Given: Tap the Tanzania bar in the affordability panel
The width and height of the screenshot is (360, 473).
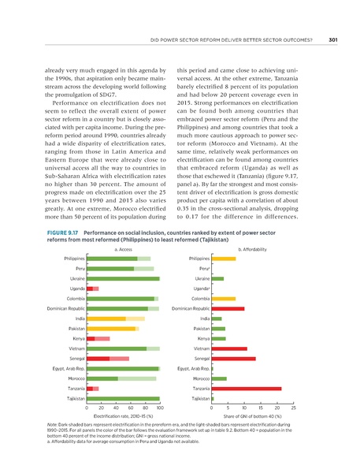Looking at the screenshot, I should (x=246, y=389).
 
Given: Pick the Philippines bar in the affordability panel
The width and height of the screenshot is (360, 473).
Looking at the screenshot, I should (x=223, y=214).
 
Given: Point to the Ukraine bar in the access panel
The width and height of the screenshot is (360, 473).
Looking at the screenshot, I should (x=123, y=235).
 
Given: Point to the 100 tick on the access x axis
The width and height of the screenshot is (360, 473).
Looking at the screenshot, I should (x=160, y=409).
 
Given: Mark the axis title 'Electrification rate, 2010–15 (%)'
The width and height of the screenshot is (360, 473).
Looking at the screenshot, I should (x=123, y=416).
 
